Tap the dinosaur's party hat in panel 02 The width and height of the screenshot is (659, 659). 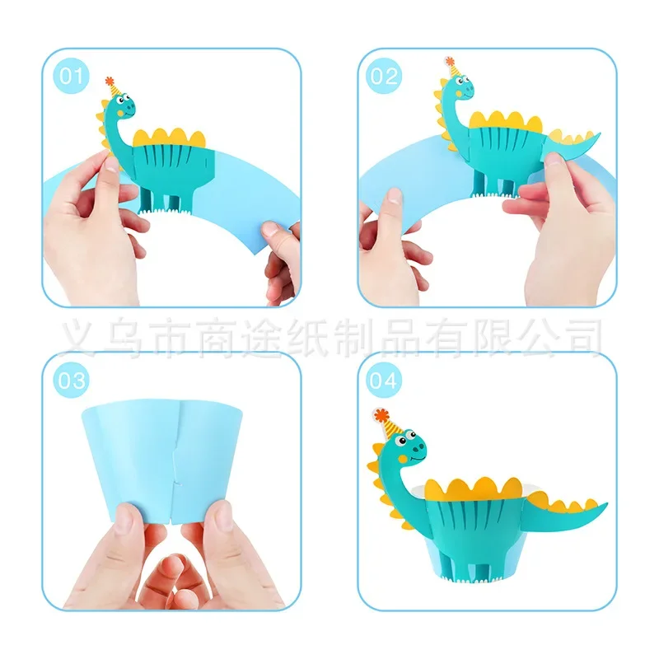coord(450,66)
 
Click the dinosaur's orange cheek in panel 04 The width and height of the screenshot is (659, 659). coord(401,456)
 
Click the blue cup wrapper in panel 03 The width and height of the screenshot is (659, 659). coord(132,453)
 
